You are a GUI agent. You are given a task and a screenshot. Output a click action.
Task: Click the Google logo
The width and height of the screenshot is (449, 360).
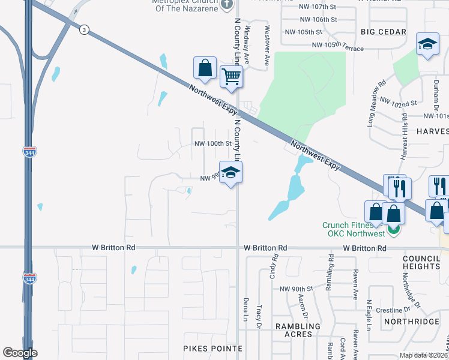[x=20, y=353]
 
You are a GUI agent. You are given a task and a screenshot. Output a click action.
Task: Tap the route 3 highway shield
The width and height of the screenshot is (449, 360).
[x=85, y=30]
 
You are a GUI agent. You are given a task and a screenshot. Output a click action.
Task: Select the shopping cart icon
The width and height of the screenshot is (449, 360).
[x=231, y=76]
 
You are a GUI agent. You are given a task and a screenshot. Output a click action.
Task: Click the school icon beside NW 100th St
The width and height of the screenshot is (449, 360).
[x=231, y=173]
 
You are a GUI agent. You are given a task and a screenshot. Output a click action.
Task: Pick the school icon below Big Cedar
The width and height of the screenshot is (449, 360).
[x=427, y=44]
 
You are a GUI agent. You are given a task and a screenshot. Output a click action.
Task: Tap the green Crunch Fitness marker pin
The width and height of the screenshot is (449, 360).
[x=393, y=230]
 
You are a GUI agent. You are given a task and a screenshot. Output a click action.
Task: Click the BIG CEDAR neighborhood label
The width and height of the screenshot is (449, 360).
[x=384, y=31]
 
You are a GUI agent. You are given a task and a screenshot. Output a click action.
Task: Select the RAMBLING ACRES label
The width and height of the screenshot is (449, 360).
[x=294, y=329]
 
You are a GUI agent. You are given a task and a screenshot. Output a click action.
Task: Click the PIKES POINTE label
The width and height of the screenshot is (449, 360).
[x=212, y=348]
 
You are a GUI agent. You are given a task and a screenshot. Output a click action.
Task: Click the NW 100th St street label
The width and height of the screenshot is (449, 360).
[x=212, y=144]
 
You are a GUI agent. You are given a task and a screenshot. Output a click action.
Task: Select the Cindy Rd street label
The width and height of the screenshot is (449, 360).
[x=275, y=265]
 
